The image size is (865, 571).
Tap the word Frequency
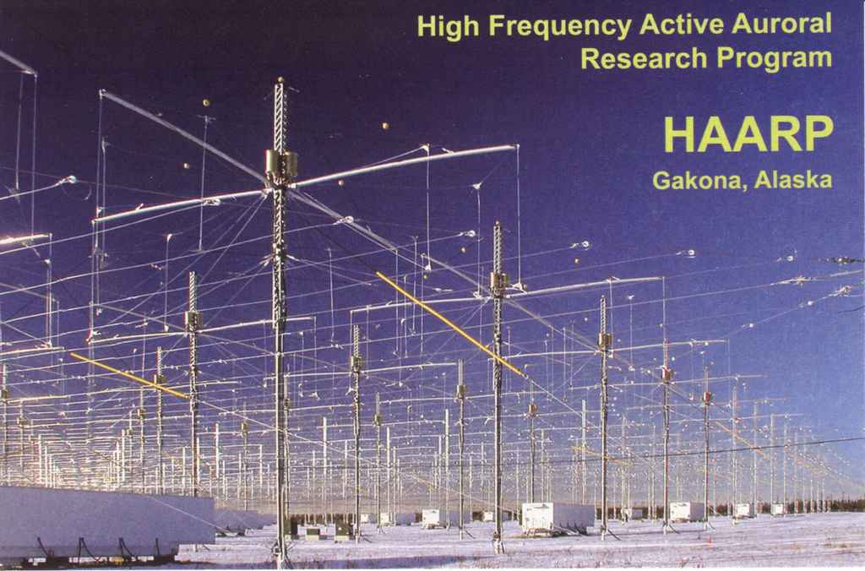(559, 26)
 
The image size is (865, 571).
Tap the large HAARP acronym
(748, 134)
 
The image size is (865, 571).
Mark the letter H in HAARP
(680, 134)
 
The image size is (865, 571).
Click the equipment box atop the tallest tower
(280, 165)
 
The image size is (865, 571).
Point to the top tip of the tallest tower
(280, 81)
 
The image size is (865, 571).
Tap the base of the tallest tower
(280, 557)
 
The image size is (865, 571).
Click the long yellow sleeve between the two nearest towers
(448, 323)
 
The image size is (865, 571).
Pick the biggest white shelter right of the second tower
(556, 516)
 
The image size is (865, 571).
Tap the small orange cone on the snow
(710, 539)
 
